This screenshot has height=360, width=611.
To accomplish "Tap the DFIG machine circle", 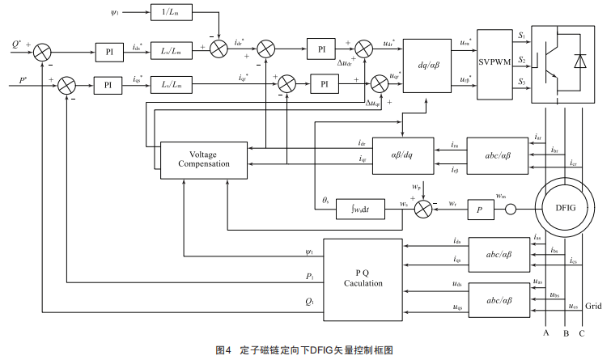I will (x=564, y=206).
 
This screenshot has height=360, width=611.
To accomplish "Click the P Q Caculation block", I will (x=362, y=277).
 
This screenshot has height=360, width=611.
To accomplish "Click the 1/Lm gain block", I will (x=172, y=14).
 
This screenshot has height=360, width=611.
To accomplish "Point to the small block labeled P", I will (x=480, y=208).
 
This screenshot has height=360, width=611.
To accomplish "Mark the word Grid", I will (x=593, y=306).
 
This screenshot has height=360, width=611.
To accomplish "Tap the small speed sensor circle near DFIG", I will (x=511, y=208).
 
